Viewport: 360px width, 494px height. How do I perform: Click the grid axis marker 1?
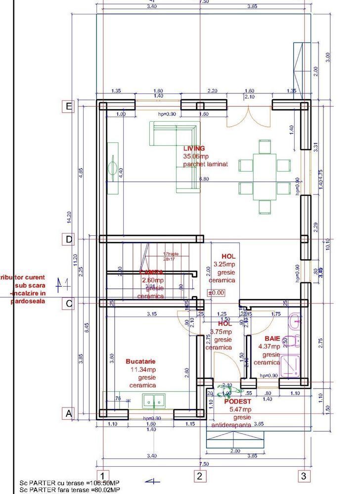[x=99, y=476]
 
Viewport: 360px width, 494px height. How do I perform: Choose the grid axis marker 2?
[x=199, y=476]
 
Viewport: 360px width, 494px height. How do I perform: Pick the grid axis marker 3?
[x=303, y=476]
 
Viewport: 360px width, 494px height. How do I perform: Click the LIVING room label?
[x=193, y=148]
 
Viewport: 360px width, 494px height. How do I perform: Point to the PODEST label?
[x=237, y=402]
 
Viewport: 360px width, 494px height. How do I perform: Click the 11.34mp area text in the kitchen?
[x=143, y=369]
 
